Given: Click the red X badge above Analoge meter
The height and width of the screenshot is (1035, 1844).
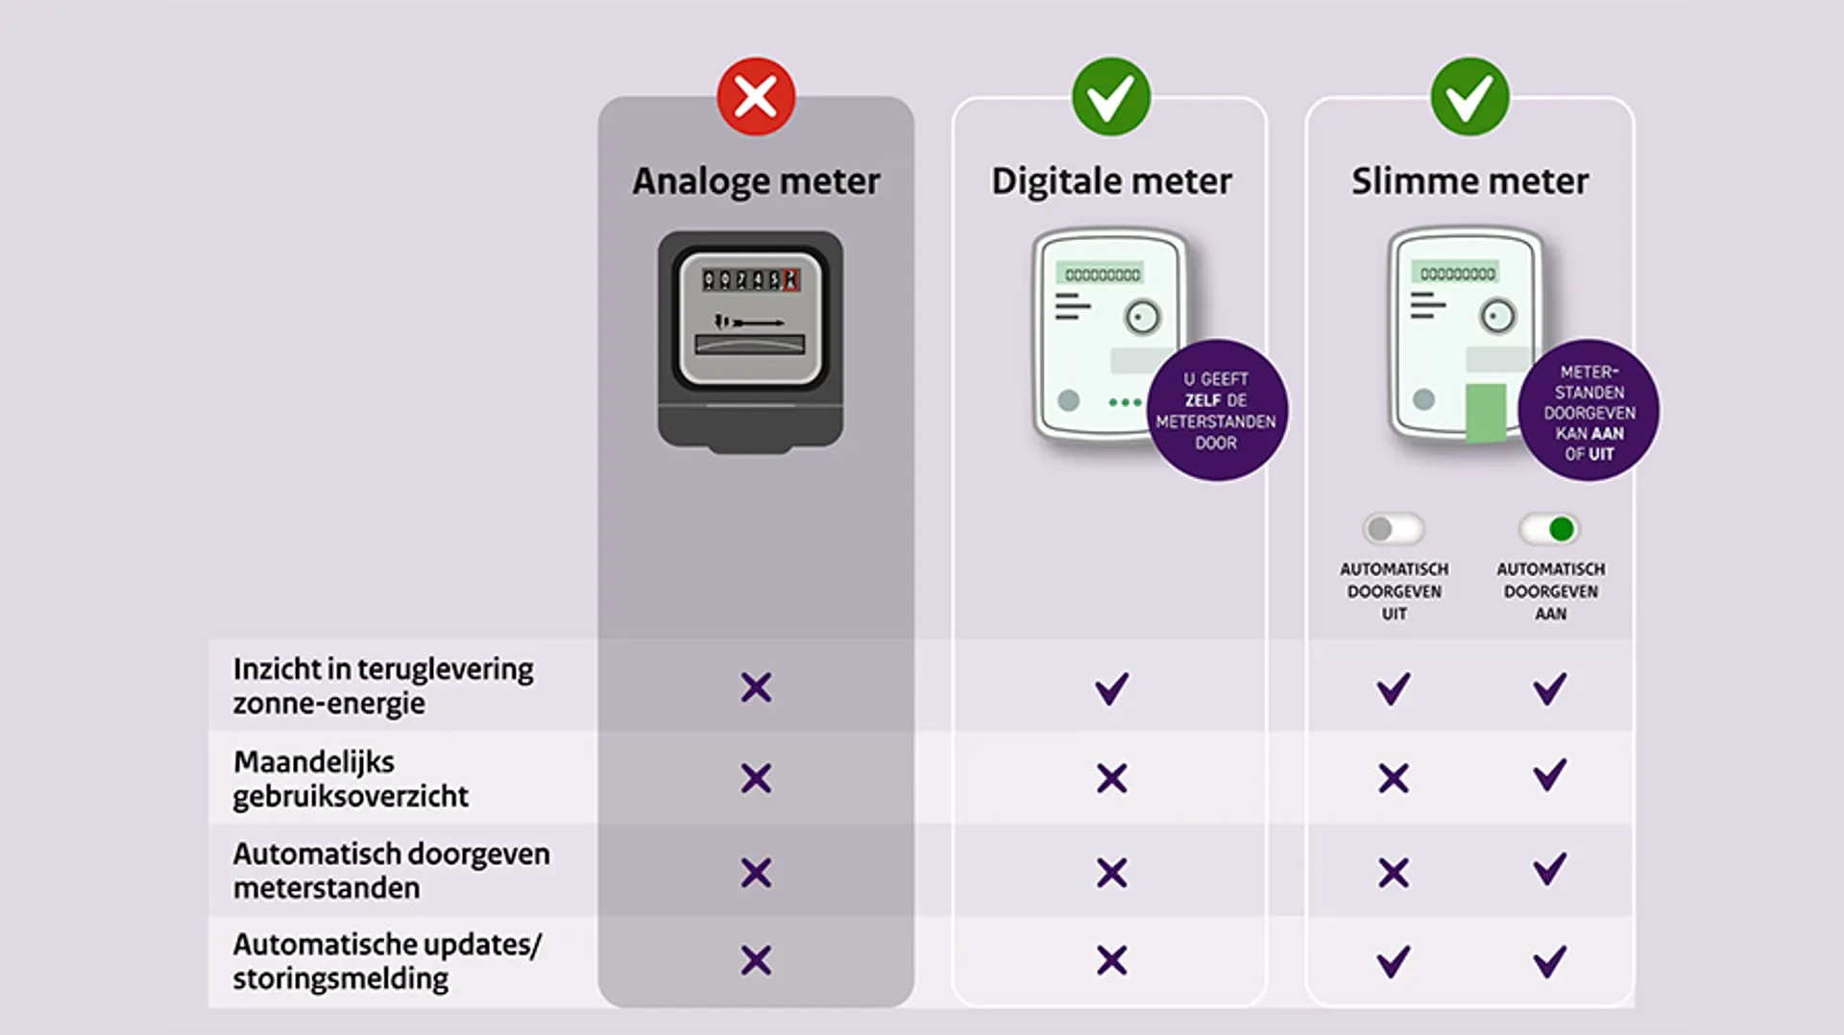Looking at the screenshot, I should click(x=756, y=97).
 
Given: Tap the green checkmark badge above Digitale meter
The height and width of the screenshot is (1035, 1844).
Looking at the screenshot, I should click(x=1110, y=97).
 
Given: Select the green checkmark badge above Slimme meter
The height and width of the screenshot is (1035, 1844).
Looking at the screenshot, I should click(x=1469, y=97).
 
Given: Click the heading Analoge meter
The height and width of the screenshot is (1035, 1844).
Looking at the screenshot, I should click(x=756, y=181).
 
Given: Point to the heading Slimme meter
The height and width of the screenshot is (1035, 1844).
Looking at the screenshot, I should click(x=1469, y=181).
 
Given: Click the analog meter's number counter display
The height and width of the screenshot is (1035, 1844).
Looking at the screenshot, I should click(x=751, y=279).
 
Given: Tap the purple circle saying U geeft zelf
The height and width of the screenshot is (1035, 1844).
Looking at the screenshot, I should click(x=1216, y=411).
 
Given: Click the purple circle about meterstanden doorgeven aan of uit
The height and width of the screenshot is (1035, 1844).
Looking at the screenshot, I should click(x=1589, y=412).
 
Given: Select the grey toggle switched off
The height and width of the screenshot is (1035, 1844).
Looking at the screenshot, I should click(x=1393, y=529).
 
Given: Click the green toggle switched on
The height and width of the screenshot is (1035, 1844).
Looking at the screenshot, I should click(x=1549, y=529).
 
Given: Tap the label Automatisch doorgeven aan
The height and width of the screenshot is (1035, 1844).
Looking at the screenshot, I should click(x=1550, y=590).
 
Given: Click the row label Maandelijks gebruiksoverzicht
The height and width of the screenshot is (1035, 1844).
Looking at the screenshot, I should click(x=351, y=779).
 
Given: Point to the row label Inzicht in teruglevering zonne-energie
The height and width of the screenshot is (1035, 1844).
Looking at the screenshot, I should click(x=382, y=686).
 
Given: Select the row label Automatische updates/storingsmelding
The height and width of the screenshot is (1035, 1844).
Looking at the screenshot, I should click(x=386, y=961).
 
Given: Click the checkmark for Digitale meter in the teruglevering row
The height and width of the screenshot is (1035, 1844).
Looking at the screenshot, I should click(x=1112, y=688).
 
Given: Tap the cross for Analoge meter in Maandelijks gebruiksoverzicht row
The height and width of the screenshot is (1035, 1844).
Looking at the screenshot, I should click(x=756, y=779).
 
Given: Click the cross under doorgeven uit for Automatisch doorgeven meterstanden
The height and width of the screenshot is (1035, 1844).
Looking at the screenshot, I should click(x=1394, y=873).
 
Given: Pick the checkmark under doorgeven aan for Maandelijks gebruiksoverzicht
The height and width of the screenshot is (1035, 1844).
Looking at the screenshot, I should click(x=1549, y=775).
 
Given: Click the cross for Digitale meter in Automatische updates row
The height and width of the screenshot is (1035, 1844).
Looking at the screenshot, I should click(x=1112, y=960).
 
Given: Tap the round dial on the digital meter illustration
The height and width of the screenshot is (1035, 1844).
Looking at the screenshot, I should click(x=1142, y=318).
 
